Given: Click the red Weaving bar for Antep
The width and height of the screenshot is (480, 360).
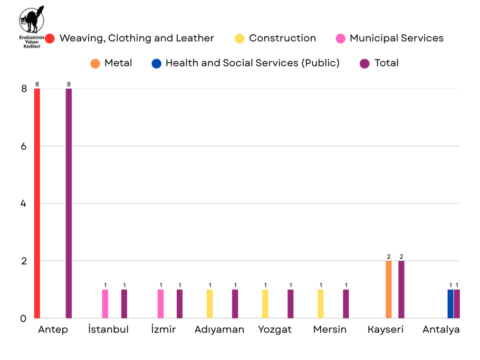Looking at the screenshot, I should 37,203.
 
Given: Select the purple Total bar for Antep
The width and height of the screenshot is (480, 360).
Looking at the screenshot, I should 69,203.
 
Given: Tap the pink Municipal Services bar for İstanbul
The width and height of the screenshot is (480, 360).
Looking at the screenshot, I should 105,304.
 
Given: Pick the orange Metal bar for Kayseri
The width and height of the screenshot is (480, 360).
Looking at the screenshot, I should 389,289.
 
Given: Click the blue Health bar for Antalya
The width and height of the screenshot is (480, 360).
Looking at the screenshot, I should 450,304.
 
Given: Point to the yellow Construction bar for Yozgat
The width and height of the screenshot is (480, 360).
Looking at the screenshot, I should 265,304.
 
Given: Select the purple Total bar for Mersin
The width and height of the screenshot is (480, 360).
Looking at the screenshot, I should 346,304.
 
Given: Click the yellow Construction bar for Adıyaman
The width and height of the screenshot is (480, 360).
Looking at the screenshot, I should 210,304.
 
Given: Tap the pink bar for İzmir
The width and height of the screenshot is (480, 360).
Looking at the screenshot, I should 161,304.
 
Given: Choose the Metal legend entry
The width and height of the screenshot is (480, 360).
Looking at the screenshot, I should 111,63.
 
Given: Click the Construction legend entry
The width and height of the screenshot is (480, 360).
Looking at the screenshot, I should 276,38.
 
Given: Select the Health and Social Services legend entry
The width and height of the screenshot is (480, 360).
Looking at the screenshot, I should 246,63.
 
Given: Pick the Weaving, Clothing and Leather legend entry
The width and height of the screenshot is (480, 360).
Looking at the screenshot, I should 130,38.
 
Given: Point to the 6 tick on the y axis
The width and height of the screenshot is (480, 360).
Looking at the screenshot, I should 24,146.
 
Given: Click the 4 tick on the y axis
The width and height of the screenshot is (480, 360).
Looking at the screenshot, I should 24,203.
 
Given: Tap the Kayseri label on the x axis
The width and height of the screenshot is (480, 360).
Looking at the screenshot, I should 386,330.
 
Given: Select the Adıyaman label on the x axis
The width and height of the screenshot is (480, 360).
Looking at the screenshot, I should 219,330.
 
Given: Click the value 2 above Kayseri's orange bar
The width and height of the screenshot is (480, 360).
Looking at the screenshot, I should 389,257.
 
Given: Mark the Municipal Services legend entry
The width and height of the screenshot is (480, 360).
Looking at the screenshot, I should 390,38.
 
